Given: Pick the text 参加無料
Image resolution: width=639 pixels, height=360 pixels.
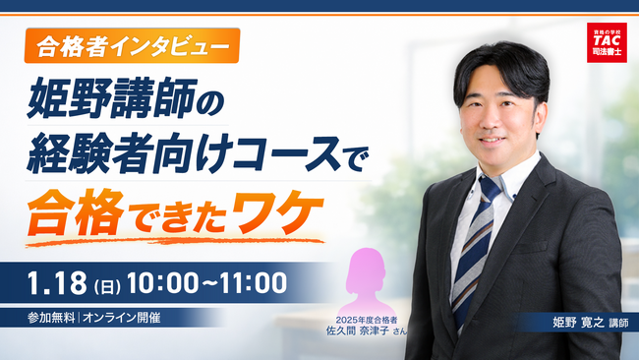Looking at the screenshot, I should pos(50,319).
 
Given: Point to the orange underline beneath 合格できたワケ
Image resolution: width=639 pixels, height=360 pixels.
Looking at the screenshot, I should pos(177,237).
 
